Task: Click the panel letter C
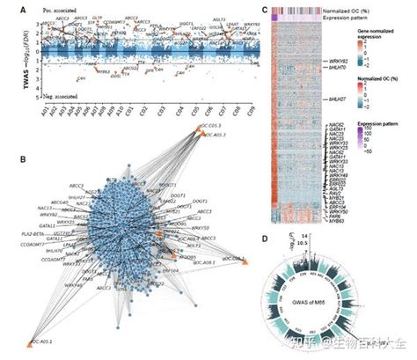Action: [x=267, y=5]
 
